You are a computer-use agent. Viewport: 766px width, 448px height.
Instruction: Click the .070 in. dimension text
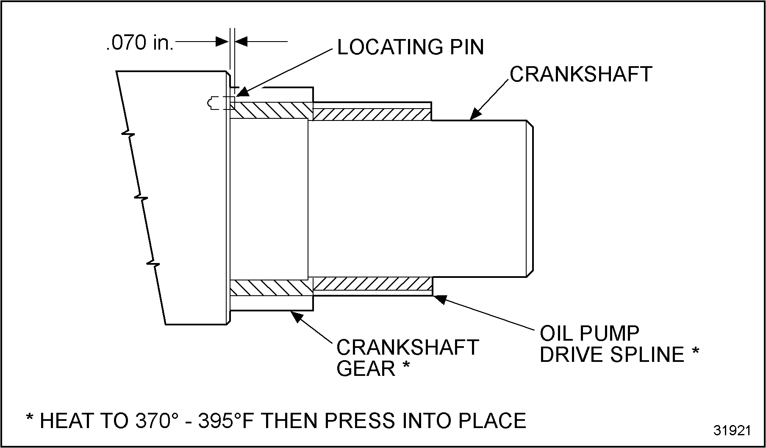tap(140, 43)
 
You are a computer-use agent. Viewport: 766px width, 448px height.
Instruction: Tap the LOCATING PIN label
tap(410, 47)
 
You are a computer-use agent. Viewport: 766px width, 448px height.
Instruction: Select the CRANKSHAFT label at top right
tap(580, 75)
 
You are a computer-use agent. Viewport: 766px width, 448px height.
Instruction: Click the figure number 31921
tap(732, 431)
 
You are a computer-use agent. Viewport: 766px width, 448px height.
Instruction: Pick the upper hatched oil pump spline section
tap(372, 114)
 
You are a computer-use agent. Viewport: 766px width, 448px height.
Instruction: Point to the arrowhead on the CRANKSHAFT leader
tap(476, 114)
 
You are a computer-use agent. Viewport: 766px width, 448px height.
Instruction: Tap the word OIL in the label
tap(555, 333)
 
